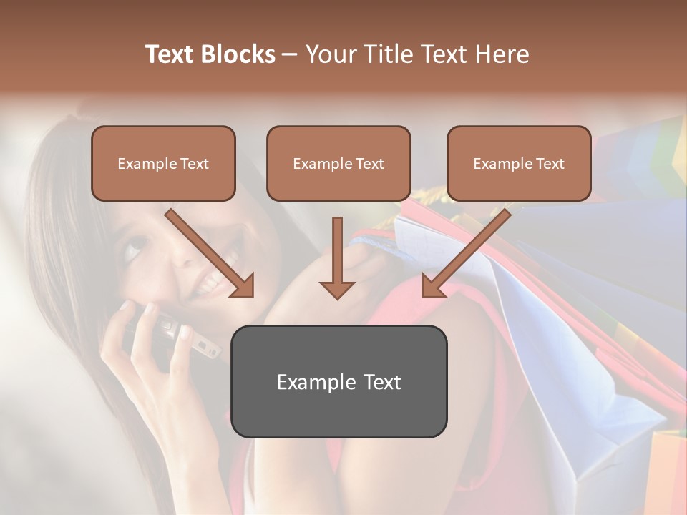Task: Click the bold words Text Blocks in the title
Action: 210,54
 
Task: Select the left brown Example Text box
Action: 163,163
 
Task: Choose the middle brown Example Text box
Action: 338,163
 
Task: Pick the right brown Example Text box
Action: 519,163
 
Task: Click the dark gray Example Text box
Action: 338,381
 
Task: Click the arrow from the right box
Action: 467,251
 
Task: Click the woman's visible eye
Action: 135,249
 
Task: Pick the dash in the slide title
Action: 290,55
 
